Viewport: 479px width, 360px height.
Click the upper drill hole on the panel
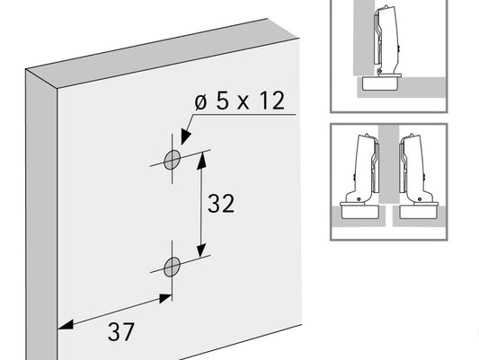pyautogui.click(x=172, y=160)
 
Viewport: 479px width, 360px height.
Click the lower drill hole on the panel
pyautogui.click(x=172, y=267)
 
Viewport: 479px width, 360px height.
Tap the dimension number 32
pyautogui.click(x=221, y=203)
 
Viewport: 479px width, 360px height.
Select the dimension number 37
pyautogui.click(x=121, y=332)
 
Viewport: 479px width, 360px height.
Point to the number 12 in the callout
pyautogui.click(x=272, y=101)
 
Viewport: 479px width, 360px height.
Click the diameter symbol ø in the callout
pyautogui.click(x=200, y=102)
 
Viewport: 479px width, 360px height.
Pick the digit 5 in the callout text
pyautogui.click(x=222, y=101)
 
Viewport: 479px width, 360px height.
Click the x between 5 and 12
pyautogui.click(x=244, y=102)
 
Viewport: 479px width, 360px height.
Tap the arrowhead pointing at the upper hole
pyautogui.click(x=185, y=136)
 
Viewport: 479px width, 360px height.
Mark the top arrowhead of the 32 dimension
pyautogui.click(x=201, y=160)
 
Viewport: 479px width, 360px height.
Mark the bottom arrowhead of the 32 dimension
pyautogui.click(x=201, y=249)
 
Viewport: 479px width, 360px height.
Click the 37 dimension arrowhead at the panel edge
pyautogui.click(x=66, y=325)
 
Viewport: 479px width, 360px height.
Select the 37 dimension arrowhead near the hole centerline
pyautogui.click(x=165, y=298)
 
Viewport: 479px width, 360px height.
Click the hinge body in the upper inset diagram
pyautogui.click(x=386, y=40)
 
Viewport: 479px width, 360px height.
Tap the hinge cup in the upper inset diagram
pyautogui.click(x=380, y=83)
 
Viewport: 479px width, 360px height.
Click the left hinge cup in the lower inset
pyautogui.click(x=360, y=211)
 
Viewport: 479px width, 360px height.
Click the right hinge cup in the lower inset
pyautogui.click(x=419, y=211)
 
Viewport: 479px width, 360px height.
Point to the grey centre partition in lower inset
pyautogui.click(x=389, y=163)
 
